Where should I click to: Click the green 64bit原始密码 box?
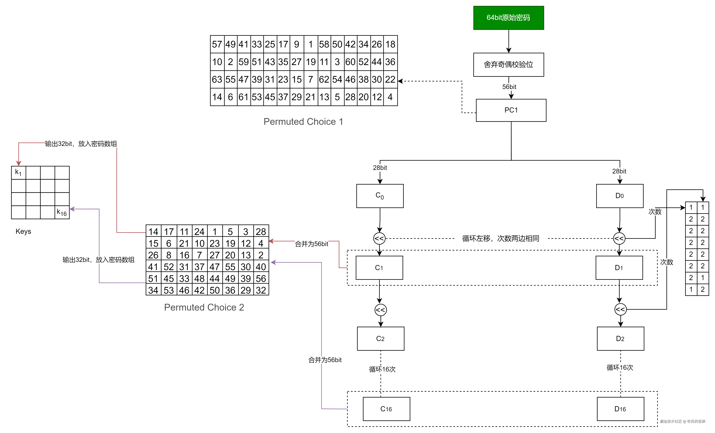tap(508, 18)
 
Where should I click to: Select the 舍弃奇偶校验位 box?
tap(508, 64)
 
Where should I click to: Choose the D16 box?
tap(620, 409)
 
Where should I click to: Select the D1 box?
tap(619, 268)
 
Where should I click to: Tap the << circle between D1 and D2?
tap(620, 309)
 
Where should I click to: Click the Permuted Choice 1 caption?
tap(303, 121)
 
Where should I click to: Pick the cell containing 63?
tap(217, 79)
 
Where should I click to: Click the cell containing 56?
tap(261, 278)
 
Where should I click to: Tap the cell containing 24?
tap(199, 232)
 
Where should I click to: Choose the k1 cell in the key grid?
tap(19, 173)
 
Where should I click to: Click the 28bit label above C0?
tap(380, 168)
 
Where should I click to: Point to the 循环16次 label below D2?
tap(619, 367)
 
